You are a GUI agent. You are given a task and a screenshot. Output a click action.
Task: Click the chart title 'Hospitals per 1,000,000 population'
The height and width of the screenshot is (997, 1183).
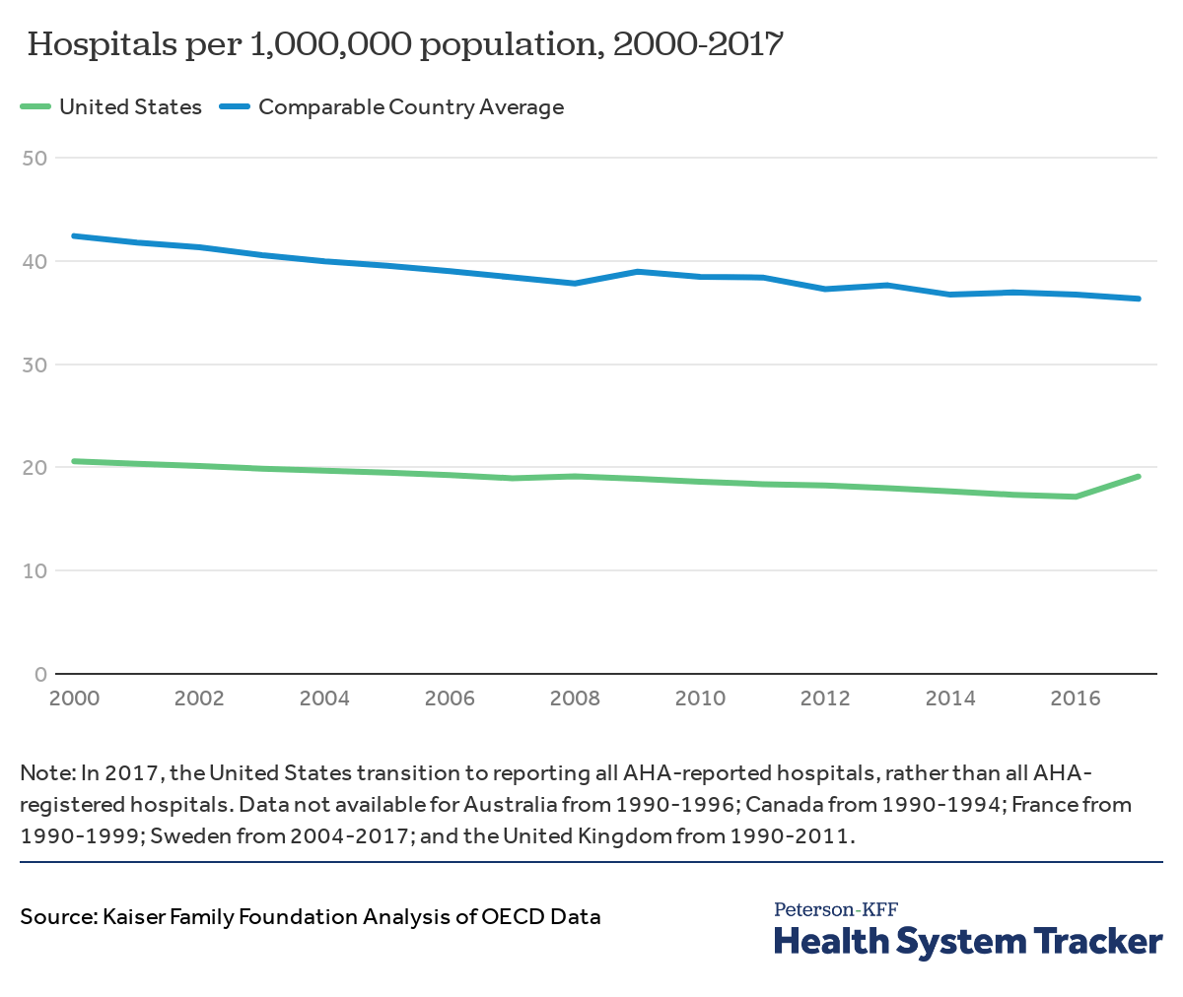[405, 44]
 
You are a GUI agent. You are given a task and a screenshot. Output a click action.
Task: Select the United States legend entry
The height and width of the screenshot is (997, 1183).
[130, 107]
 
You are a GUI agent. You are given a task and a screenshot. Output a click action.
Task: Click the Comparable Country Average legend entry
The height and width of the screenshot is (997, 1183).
[410, 107]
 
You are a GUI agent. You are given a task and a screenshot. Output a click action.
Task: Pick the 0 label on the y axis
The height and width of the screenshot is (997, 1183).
[40, 674]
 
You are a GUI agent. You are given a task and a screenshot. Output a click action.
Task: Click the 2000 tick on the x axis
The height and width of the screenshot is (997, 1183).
[74, 698]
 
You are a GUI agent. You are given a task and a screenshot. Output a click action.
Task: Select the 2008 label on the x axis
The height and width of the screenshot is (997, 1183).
[575, 698]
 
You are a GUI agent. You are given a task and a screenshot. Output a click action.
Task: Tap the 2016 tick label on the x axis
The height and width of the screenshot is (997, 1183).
[1076, 698]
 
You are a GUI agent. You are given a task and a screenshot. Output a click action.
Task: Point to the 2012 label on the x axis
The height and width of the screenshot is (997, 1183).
[825, 698]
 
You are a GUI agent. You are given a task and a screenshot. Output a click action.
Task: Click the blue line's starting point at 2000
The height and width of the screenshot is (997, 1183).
[74, 236]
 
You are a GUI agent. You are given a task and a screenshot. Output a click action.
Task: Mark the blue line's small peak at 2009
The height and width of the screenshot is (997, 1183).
[638, 271]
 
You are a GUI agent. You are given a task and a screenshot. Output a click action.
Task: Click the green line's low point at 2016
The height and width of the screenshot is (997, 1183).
[1076, 497]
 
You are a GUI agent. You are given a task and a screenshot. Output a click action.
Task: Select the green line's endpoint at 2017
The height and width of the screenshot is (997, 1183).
[1139, 477]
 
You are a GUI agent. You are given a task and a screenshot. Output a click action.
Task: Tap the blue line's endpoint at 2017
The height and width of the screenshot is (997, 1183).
[1139, 299]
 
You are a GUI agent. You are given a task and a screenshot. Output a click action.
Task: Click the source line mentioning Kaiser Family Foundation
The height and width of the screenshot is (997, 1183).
[311, 916]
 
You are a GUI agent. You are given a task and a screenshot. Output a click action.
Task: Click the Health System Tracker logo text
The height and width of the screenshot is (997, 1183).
[968, 941]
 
